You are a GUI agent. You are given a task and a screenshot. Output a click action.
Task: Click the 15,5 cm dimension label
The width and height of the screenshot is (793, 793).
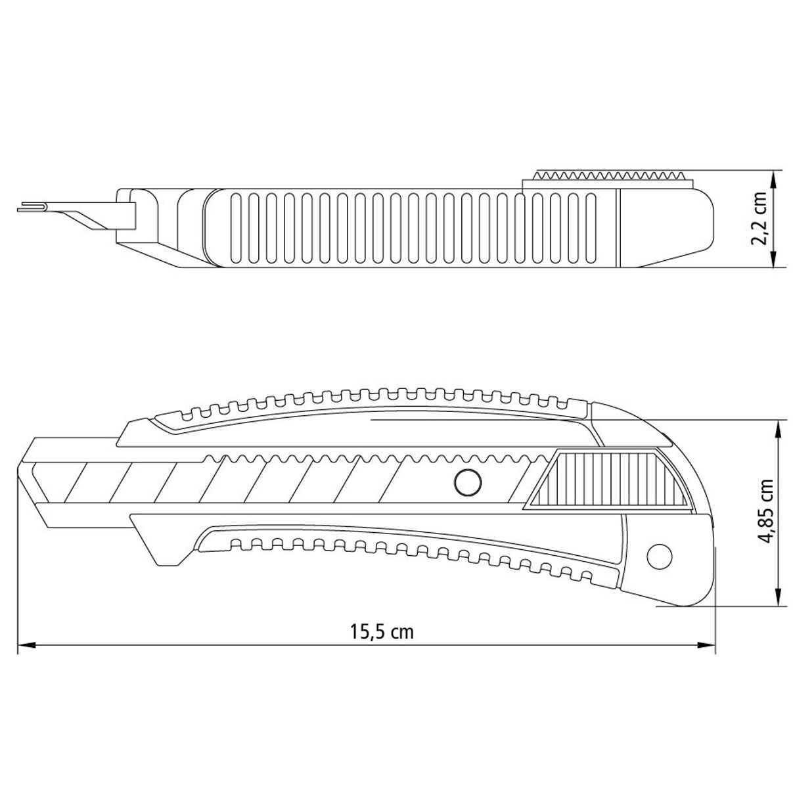(x=382, y=631)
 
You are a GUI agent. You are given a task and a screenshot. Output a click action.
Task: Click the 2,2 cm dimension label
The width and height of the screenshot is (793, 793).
(x=758, y=219)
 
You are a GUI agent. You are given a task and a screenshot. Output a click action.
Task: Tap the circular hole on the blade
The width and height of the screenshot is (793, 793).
(x=468, y=482)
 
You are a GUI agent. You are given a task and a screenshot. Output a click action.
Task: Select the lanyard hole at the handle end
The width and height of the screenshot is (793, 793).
(x=659, y=556)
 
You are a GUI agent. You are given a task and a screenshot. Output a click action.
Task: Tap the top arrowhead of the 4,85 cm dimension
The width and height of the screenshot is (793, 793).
(x=777, y=430)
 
